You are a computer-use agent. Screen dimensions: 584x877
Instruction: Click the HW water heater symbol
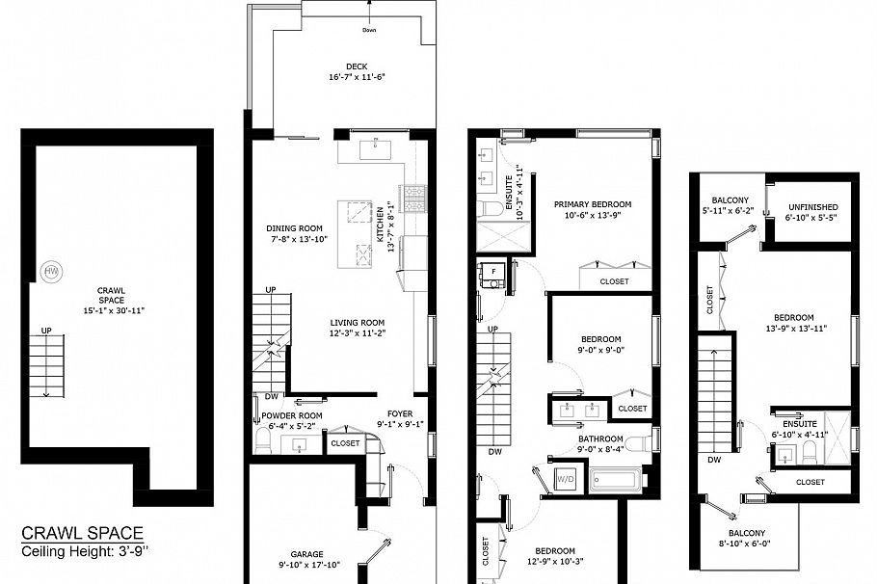(51, 272)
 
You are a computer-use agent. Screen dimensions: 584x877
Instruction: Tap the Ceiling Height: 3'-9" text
(83, 551)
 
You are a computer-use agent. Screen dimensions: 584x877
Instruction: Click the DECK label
(343, 66)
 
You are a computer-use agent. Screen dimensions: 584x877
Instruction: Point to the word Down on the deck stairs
(369, 30)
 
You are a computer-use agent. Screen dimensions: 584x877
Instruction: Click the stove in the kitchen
(414, 198)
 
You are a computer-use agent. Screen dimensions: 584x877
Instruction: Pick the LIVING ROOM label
(358, 323)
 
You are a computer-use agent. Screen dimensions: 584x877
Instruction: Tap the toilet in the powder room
(262, 441)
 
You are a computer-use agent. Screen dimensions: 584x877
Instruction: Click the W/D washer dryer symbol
(564, 478)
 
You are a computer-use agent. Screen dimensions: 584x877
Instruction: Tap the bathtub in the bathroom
(615, 478)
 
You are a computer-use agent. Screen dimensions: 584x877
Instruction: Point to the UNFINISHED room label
(812, 207)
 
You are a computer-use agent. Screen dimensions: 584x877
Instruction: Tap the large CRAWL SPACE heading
(83, 533)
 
